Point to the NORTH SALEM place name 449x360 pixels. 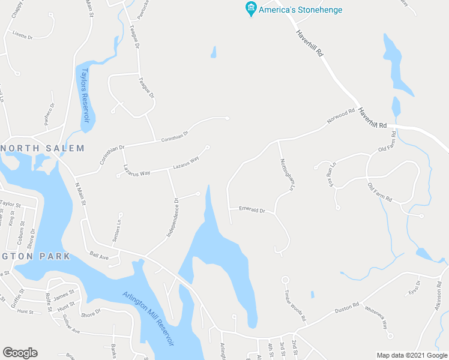click(43, 148)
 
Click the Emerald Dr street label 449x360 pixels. click(252, 210)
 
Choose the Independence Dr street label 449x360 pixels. click(177, 213)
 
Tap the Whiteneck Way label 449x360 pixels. click(377, 316)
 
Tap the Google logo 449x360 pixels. click(20, 353)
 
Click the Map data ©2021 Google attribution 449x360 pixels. click(411, 355)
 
